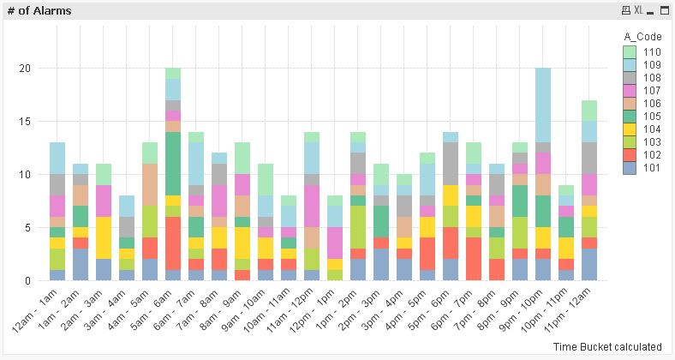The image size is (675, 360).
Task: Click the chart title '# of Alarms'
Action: [39, 10]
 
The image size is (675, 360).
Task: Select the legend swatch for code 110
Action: [629, 51]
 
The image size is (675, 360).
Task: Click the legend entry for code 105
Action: [643, 116]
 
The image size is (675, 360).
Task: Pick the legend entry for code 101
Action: [643, 168]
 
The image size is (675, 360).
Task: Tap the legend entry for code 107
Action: [643, 90]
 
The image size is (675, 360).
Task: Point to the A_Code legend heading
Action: [640, 36]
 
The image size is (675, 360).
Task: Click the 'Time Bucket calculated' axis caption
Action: [606, 346]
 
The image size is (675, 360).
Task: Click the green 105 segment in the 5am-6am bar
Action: [173, 163]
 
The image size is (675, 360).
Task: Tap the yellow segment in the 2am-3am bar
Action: [104, 237]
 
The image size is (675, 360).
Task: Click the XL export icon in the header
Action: [638, 10]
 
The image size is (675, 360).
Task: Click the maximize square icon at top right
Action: [651, 10]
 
